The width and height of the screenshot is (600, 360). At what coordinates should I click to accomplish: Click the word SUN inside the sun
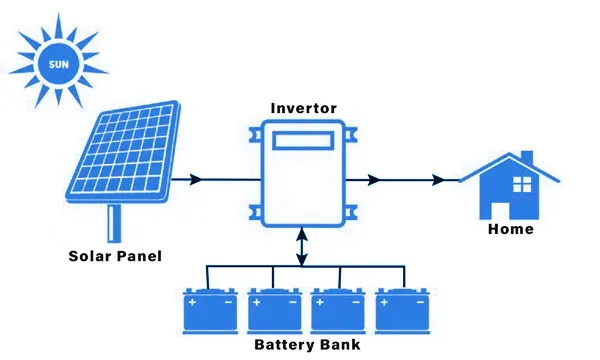click(59, 64)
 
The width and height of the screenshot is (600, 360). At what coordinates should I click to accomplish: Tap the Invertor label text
click(304, 108)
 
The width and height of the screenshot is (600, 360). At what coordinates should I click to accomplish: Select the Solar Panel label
click(115, 256)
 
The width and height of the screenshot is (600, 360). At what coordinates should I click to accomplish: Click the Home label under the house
click(511, 229)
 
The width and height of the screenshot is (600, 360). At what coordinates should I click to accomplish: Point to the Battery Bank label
click(307, 345)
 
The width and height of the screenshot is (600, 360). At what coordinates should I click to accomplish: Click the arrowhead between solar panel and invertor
click(196, 179)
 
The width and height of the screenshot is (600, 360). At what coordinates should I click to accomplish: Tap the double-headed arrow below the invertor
click(302, 247)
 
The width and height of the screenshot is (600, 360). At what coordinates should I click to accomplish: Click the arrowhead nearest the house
click(438, 179)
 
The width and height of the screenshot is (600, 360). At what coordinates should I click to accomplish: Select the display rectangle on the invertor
click(303, 140)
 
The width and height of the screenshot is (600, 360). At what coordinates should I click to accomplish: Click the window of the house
click(522, 184)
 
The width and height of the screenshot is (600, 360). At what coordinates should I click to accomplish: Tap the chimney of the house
click(527, 157)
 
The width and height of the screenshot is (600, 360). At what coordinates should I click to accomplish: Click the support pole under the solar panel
click(114, 223)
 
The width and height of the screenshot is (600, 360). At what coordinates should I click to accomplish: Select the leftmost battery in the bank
click(210, 311)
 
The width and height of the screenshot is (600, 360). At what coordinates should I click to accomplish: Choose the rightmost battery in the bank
click(403, 311)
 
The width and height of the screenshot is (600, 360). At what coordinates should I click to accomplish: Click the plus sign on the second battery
click(256, 303)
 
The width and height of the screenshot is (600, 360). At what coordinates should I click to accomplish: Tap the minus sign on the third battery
click(356, 303)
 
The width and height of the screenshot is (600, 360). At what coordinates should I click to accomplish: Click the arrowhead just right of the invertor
click(373, 179)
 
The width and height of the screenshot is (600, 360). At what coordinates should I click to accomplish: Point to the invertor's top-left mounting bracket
click(256, 135)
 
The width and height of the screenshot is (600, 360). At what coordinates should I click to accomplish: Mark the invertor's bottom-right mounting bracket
click(351, 213)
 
